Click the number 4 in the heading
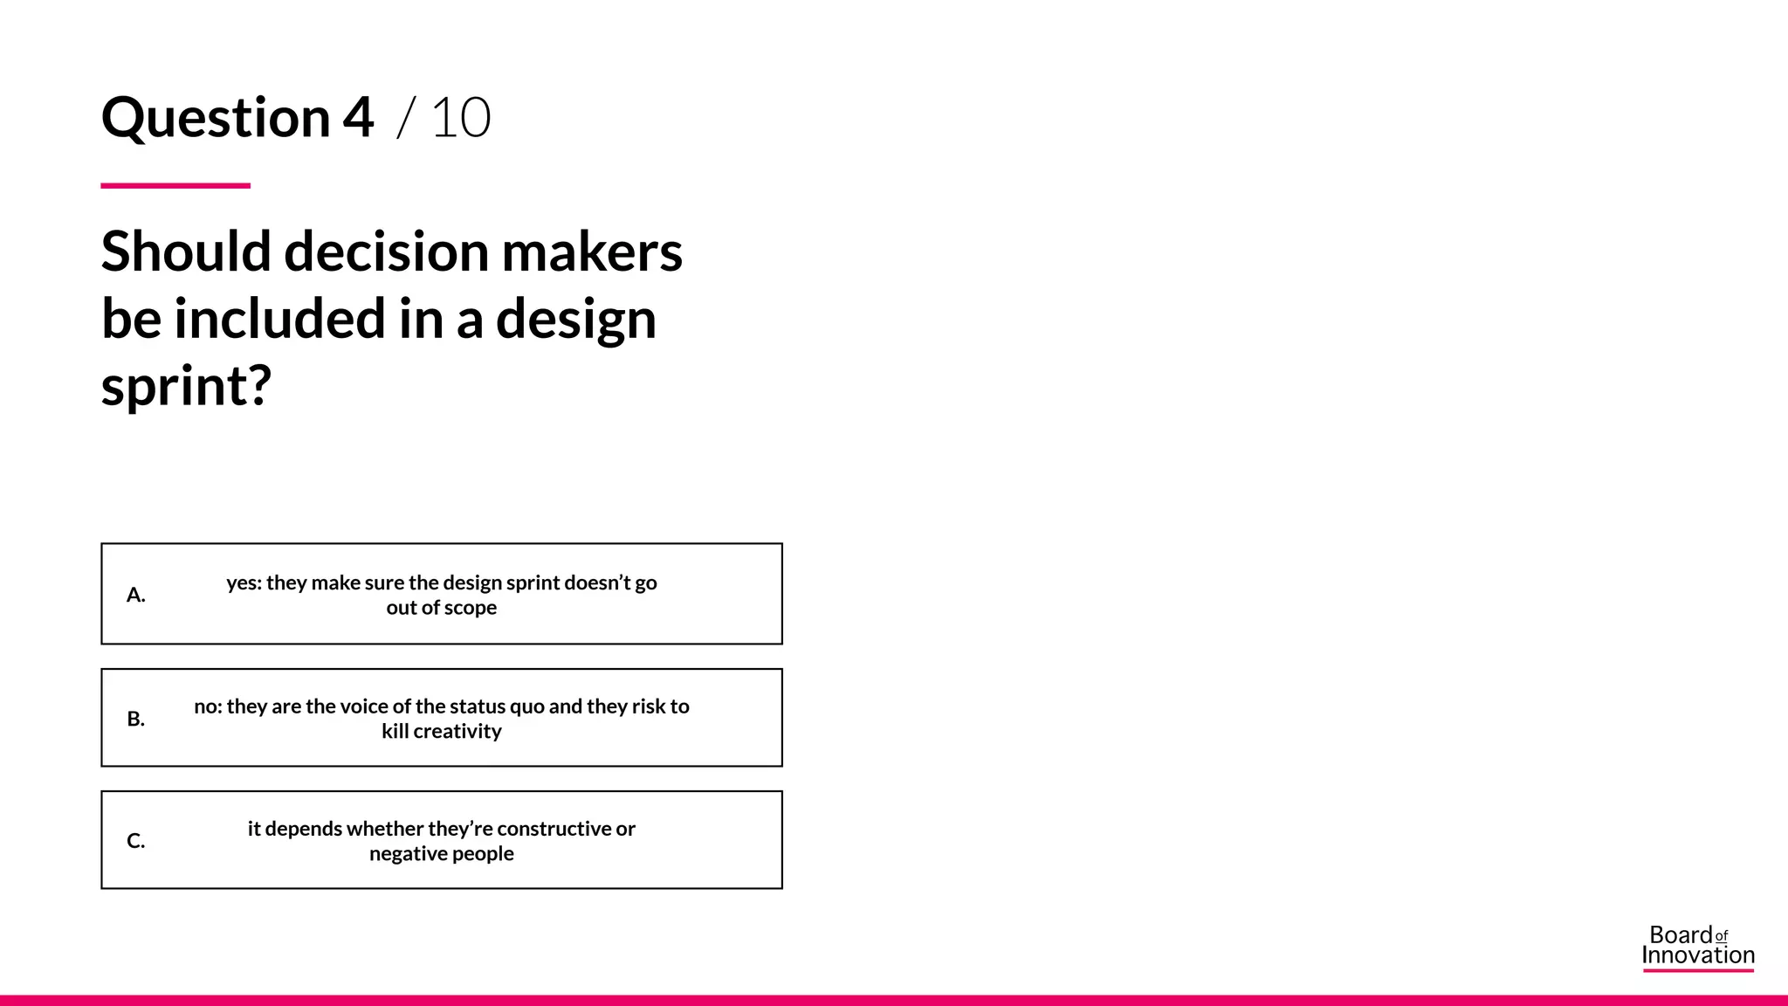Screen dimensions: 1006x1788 tap(358, 118)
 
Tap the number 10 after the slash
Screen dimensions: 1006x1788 tap(461, 118)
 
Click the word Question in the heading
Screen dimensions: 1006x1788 tap(216, 118)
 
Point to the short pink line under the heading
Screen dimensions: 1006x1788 tap(175, 185)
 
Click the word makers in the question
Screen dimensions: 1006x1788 tap(592, 251)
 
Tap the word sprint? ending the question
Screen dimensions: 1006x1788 tap(186, 386)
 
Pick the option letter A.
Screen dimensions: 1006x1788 tap(135, 595)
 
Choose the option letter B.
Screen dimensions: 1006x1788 tap(135, 719)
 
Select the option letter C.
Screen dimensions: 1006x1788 tap(135, 841)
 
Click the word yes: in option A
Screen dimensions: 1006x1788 tap(244, 582)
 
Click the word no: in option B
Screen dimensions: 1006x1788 tap(208, 706)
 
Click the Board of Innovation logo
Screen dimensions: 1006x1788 tap(1697, 947)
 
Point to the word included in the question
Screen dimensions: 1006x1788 tap(279, 319)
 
